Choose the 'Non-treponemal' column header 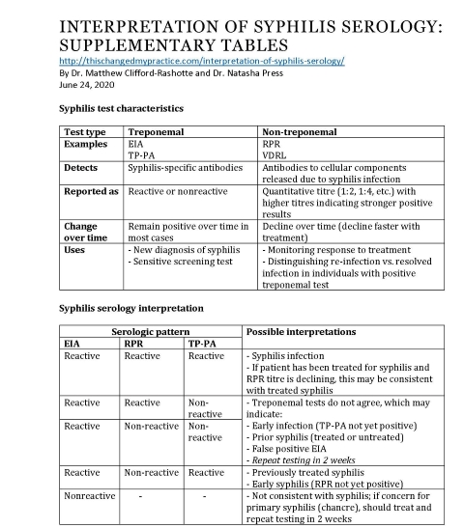coord(301,130)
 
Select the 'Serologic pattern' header coord(150,332)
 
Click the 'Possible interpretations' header coord(301,332)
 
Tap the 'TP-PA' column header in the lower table coord(202,344)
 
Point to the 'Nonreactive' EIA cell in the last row coord(89,496)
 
